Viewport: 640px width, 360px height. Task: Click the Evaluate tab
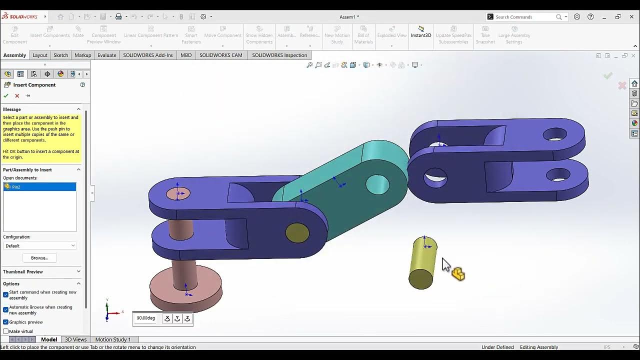point(106,55)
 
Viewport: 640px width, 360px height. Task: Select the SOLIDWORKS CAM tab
point(220,55)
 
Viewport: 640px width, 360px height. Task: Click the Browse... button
point(39,258)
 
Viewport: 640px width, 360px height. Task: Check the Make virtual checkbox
point(6,331)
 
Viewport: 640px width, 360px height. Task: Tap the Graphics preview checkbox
point(6,322)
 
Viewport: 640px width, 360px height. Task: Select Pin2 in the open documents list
point(39,187)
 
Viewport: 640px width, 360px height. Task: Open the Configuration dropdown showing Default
point(39,246)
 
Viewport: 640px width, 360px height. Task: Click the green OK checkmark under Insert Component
point(6,95)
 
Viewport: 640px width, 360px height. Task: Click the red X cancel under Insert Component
point(17,95)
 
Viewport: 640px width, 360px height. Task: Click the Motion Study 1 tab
point(112,339)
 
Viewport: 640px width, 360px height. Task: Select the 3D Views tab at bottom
point(75,339)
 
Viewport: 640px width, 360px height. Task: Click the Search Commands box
point(525,17)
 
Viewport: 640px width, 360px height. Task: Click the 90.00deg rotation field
point(146,318)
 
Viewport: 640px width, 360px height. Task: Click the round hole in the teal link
point(377,184)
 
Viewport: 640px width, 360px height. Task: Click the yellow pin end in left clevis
point(297,233)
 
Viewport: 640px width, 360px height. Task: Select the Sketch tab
point(60,55)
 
